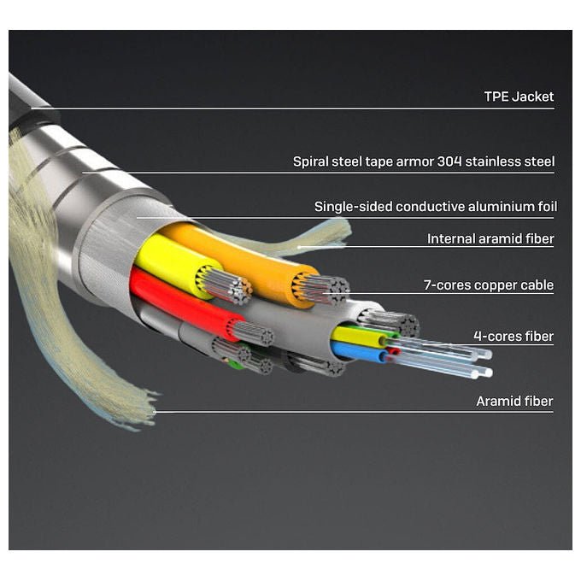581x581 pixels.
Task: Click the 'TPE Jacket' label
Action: (x=519, y=97)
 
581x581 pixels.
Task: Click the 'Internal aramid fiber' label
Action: (x=490, y=238)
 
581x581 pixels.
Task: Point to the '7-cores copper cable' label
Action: (x=489, y=285)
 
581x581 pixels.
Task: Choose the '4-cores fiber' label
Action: (x=514, y=336)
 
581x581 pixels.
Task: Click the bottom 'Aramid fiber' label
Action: (x=514, y=401)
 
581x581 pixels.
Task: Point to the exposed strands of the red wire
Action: (x=253, y=332)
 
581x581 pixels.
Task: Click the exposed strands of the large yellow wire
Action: (x=226, y=285)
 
